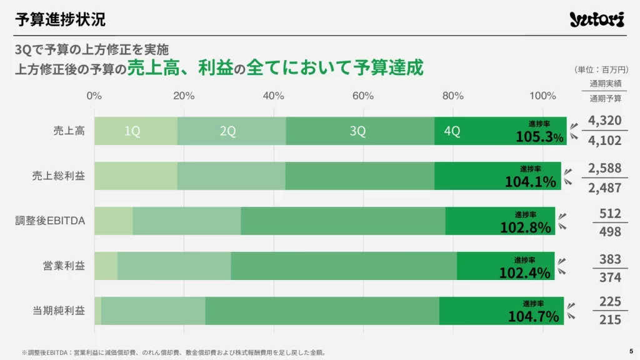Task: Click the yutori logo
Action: [x=596, y=20]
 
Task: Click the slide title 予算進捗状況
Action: [x=60, y=19]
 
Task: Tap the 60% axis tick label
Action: [x=363, y=96]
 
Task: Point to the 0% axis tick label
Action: [x=94, y=96]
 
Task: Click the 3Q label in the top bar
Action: [x=357, y=131]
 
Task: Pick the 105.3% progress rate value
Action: [x=539, y=136]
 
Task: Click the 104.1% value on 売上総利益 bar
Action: [x=531, y=181]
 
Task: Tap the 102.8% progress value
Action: [x=525, y=227]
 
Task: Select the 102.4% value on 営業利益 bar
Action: [x=524, y=272]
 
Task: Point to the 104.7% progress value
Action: [x=533, y=316]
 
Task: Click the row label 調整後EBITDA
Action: [x=50, y=221]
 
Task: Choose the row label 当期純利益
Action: [x=59, y=311]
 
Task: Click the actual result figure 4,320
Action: [x=604, y=121]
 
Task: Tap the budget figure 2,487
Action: [x=604, y=187]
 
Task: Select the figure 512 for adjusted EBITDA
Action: [x=609, y=214]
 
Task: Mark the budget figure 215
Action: [x=610, y=319]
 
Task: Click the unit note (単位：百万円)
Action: [x=601, y=69]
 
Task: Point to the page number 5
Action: [x=630, y=351]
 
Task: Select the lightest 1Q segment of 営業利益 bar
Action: [x=106, y=266]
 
